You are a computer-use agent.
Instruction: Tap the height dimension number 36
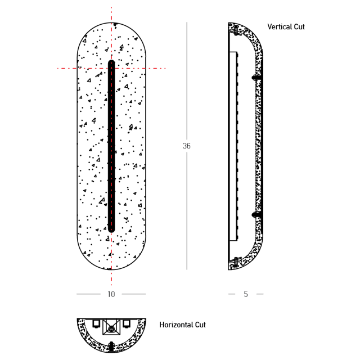click(187, 146)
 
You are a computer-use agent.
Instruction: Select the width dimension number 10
click(111, 294)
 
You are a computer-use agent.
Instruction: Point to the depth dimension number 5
click(246, 294)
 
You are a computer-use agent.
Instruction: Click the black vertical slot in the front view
click(111, 146)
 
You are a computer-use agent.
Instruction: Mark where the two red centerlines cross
click(111, 68)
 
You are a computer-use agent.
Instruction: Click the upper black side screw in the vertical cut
click(256, 78)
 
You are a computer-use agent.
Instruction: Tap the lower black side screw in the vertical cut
click(256, 215)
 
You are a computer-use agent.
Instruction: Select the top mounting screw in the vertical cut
click(236, 30)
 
